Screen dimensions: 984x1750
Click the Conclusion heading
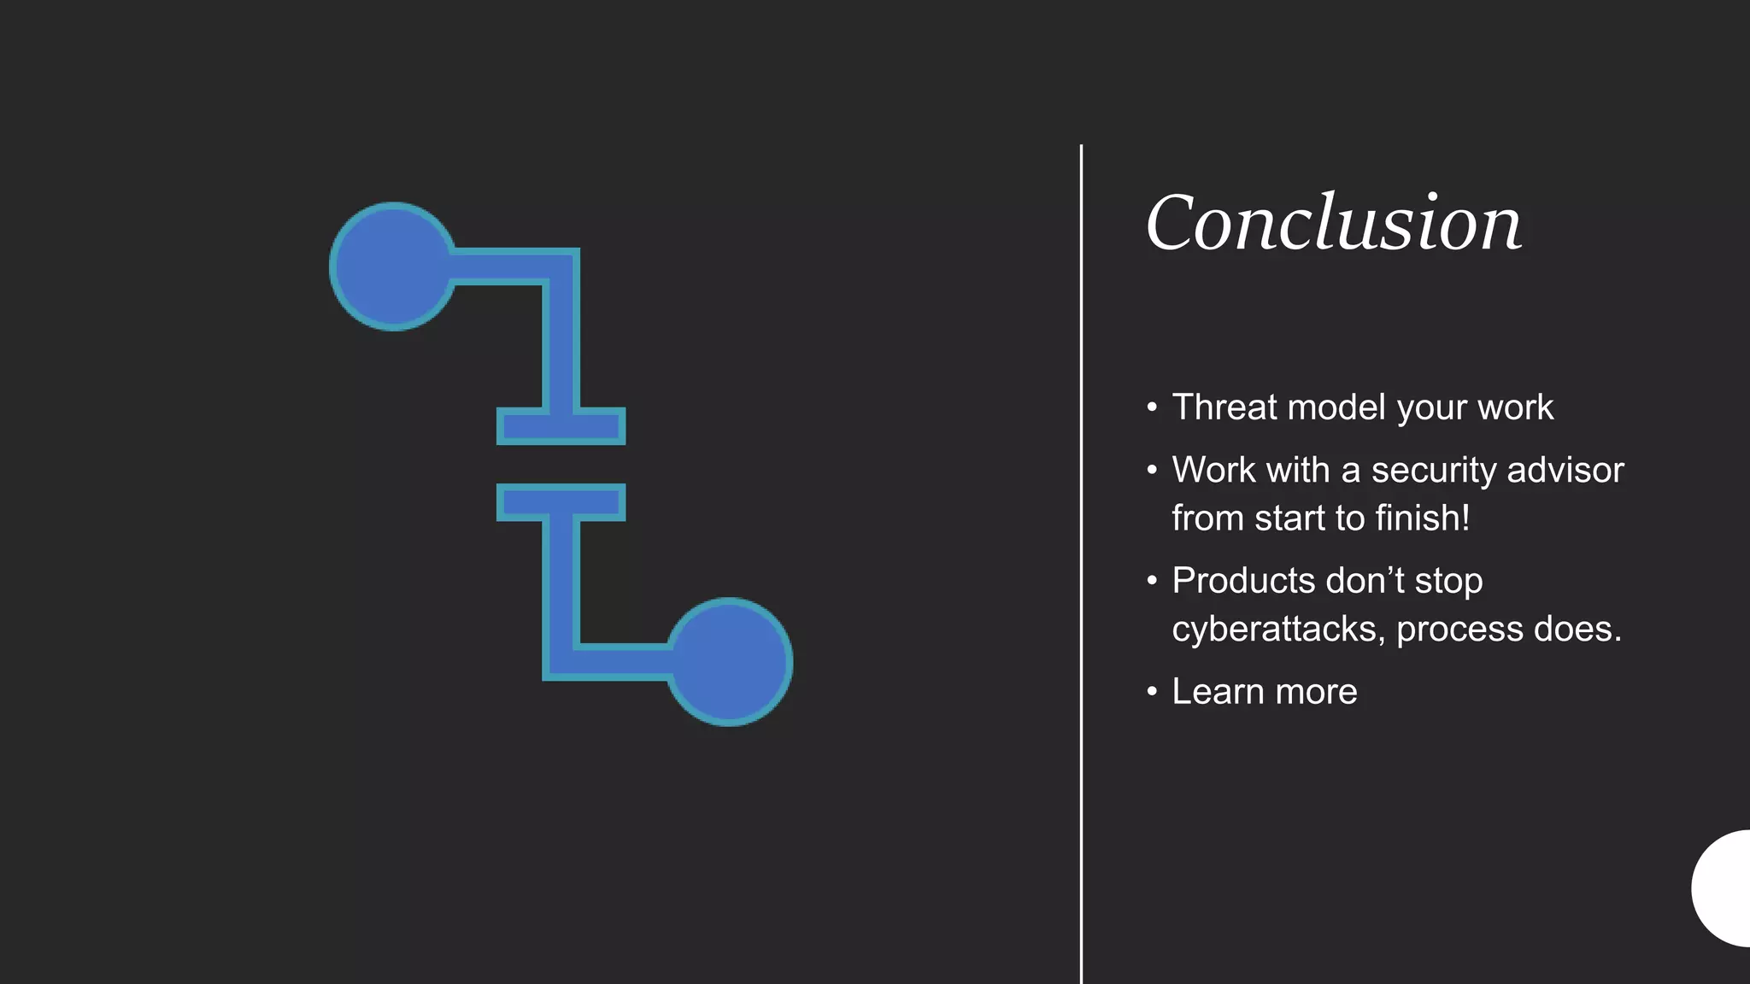(1333, 223)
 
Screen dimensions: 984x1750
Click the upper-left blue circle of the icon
(392, 266)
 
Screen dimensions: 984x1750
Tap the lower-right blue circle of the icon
(729, 662)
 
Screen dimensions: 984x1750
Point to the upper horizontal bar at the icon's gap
(561, 426)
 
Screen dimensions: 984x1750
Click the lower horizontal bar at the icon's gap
(561, 502)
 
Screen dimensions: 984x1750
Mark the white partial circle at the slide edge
(1724, 888)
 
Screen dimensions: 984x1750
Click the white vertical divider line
(1081, 564)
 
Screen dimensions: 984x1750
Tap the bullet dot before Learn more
(1152, 691)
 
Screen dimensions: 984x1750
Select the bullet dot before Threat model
(1152, 407)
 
